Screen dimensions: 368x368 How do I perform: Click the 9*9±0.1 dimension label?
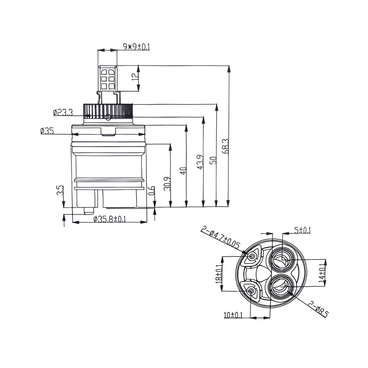click(136, 47)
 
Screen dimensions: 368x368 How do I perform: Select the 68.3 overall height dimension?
click(225, 146)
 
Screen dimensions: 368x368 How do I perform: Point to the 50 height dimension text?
click(213, 161)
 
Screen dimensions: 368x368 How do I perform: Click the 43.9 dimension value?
click(200, 162)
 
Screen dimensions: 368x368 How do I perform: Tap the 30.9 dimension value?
click(167, 184)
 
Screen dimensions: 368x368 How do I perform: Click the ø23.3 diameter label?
click(63, 112)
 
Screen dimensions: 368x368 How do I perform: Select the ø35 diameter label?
click(47, 131)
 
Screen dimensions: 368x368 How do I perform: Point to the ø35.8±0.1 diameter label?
click(110, 219)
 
